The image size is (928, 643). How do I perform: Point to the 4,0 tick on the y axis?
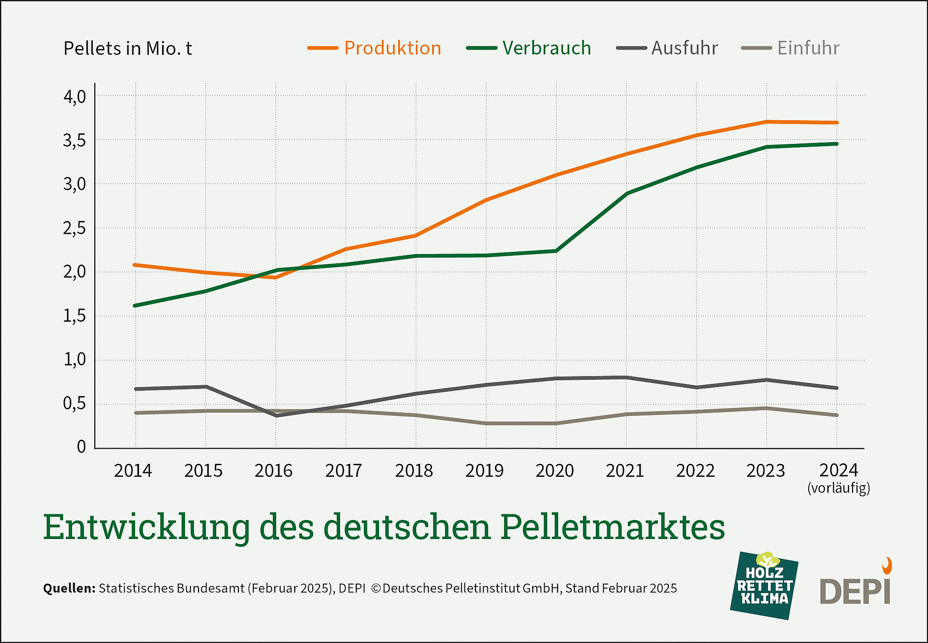click(x=75, y=97)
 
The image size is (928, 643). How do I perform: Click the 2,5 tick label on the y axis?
click(x=75, y=229)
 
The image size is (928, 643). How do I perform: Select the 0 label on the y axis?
click(x=81, y=447)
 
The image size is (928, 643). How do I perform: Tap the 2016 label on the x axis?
click(x=273, y=471)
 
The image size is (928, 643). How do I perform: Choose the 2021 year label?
click(x=625, y=471)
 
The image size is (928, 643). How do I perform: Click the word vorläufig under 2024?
click(x=838, y=488)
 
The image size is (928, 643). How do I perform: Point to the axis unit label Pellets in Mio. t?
click(x=128, y=49)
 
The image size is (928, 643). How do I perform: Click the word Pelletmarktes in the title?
click(x=612, y=528)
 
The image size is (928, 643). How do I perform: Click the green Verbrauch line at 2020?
click(x=556, y=251)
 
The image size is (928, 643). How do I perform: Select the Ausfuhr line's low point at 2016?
click(x=276, y=416)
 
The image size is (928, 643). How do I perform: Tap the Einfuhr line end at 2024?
click(x=836, y=415)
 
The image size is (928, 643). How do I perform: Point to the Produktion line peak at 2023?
click(x=767, y=122)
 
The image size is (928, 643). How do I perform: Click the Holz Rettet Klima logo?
click(x=764, y=585)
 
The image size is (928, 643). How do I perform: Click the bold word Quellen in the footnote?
click(x=69, y=589)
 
